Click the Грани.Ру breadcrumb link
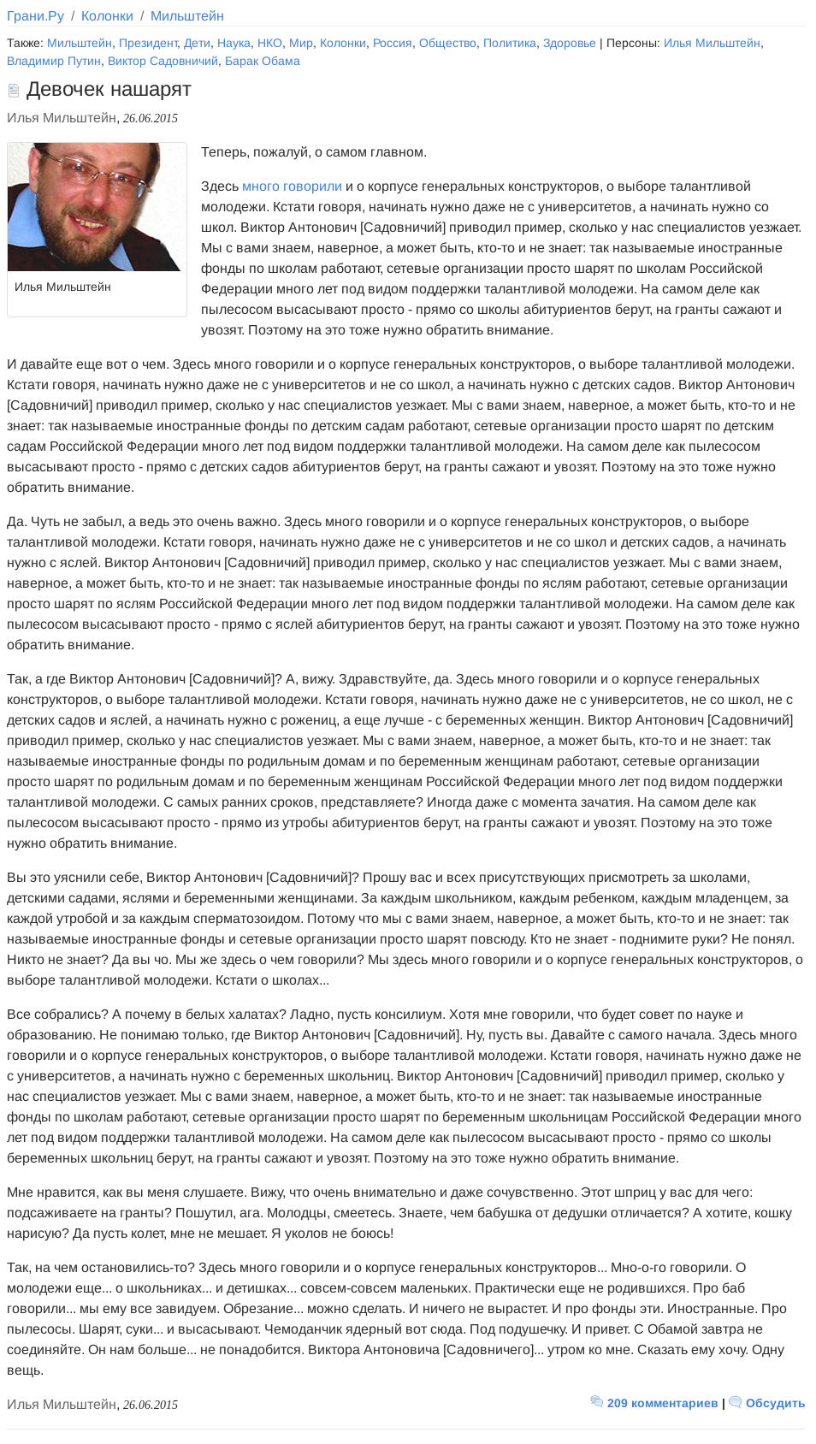pyautogui.click(x=35, y=16)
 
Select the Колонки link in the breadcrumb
pyautogui.click(x=107, y=16)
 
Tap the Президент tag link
pyautogui.click(x=148, y=44)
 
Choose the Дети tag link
pyautogui.click(x=197, y=44)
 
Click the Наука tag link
pyautogui.click(x=234, y=44)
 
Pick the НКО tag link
pyautogui.click(x=269, y=44)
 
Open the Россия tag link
pyautogui.click(x=392, y=44)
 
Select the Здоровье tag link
pyautogui.click(x=570, y=44)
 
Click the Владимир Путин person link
pyautogui.click(x=54, y=62)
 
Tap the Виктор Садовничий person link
pyautogui.click(x=163, y=62)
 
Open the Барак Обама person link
pyautogui.click(x=262, y=62)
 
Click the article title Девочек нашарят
pyautogui.click(x=109, y=90)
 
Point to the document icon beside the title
pyautogui.click(x=13, y=91)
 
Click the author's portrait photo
pyautogui.click(x=97, y=207)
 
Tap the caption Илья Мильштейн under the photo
pyautogui.click(x=62, y=287)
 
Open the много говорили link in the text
pyautogui.click(x=292, y=186)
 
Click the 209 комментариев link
pyautogui.click(x=662, y=1403)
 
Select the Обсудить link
pyautogui.click(x=775, y=1403)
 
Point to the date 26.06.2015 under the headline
pyautogui.click(x=151, y=119)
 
